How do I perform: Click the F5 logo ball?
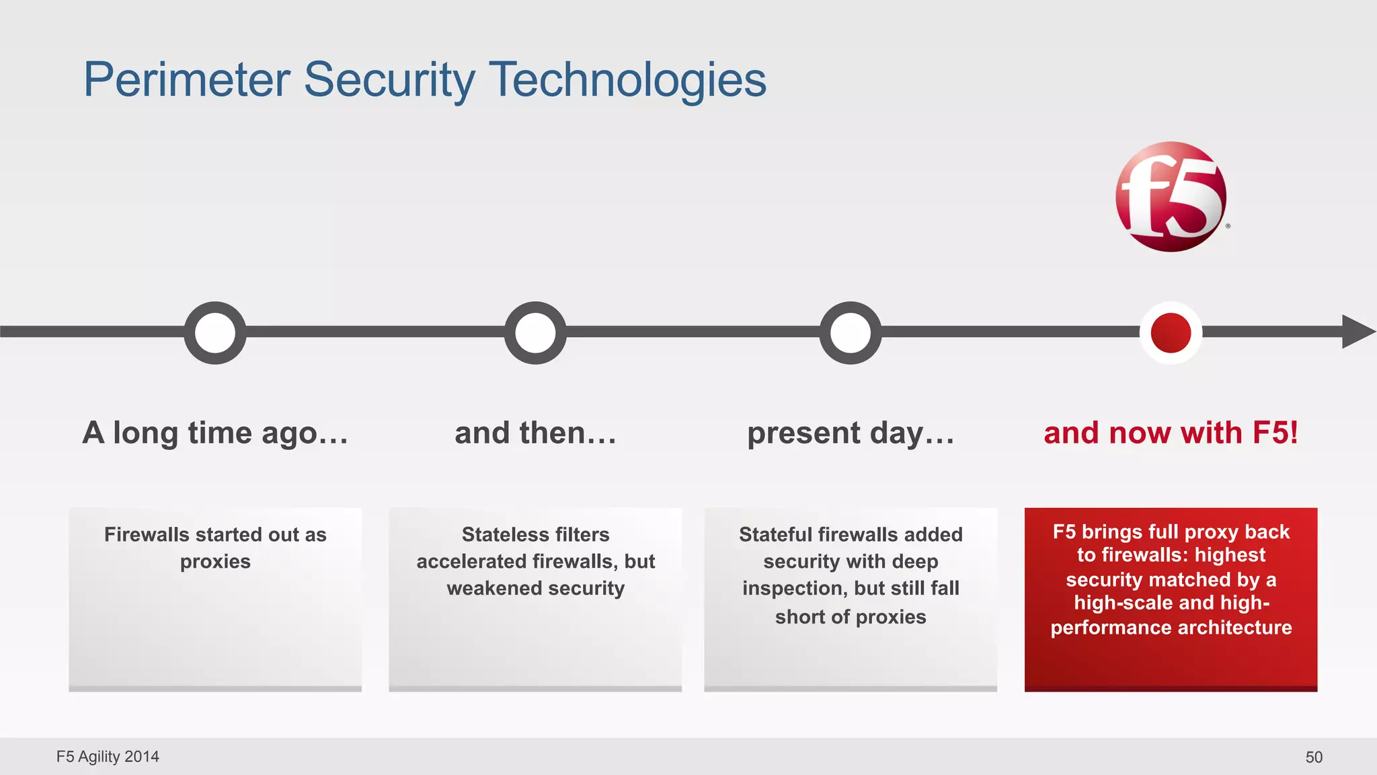coord(1171,196)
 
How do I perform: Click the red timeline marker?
coord(1171,332)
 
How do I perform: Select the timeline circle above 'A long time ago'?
coord(215,332)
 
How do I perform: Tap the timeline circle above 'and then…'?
coord(535,332)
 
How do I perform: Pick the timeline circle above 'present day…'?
coord(851,332)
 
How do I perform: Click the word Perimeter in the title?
coord(186,80)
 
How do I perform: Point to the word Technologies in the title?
coord(627,80)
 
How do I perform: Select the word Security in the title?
coord(389,80)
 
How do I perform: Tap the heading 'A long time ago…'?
coord(215,433)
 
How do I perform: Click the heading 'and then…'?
coord(535,433)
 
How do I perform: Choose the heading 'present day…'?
coord(851,433)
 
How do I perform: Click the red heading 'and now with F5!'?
coord(1171,433)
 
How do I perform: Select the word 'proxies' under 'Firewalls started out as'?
coord(215,562)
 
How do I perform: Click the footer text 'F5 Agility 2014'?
coord(108,757)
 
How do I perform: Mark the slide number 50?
coord(1314,758)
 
